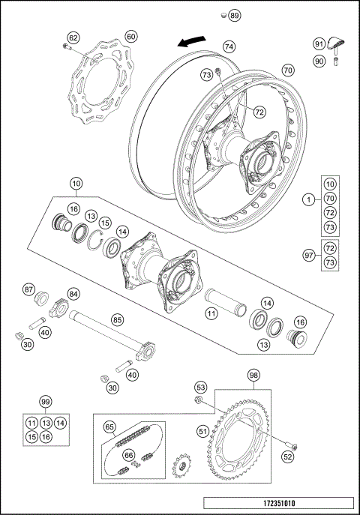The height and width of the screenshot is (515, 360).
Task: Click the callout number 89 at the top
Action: (235, 16)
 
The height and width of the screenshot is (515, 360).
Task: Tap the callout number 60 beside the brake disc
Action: (130, 36)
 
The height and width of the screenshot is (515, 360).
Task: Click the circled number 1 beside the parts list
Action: (307, 200)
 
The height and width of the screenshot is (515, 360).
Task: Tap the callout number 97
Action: (307, 255)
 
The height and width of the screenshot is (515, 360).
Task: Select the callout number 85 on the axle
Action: (117, 319)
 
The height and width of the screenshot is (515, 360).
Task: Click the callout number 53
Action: (200, 388)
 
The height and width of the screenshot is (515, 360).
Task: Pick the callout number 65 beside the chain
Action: (109, 428)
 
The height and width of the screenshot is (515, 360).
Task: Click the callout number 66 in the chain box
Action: (129, 455)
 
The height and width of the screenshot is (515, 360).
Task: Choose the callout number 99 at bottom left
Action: (45, 403)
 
